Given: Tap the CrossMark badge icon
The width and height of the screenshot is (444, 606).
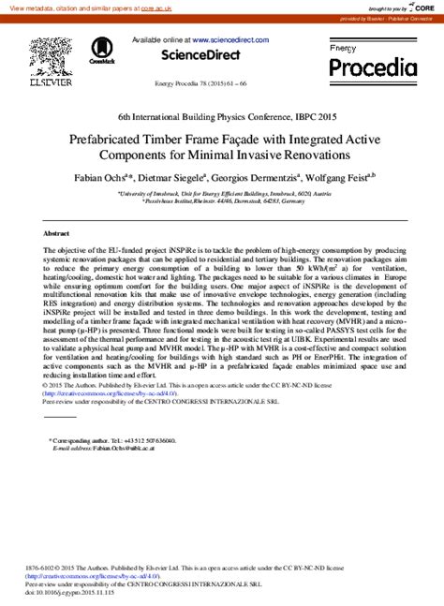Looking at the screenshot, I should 100,51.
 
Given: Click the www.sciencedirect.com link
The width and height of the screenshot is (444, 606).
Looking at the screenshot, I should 234,40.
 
